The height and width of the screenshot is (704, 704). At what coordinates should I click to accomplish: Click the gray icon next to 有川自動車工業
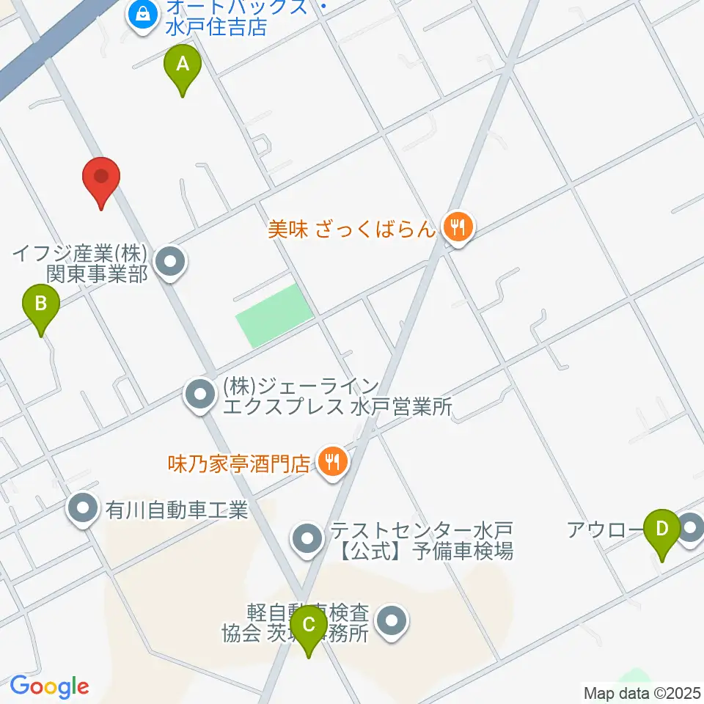[83, 508]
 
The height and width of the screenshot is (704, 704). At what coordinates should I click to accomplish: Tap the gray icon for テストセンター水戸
[307, 540]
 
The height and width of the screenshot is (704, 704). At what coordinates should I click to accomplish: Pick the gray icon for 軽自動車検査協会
[392, 623]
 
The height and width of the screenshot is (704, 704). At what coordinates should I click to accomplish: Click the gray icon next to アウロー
[690, 527]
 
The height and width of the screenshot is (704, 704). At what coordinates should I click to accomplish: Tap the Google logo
[49, 686]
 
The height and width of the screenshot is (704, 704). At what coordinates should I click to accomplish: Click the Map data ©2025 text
[642, 692]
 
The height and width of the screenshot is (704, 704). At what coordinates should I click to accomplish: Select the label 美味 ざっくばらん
[351, 230]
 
